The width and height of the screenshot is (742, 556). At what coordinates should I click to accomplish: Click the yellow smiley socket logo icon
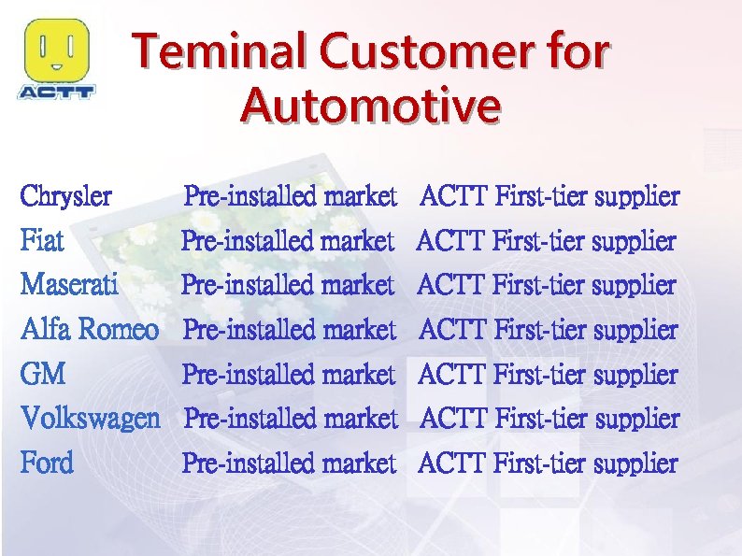[57, 51]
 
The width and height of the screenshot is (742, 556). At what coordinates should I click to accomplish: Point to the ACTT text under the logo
[57, 92]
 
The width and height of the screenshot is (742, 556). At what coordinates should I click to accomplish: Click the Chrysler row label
[66, 197]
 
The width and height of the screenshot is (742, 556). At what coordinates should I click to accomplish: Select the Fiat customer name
[42, 242]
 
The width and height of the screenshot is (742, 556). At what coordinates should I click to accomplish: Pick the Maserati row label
[69, 284]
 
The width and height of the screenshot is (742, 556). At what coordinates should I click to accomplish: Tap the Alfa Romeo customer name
[90, 329]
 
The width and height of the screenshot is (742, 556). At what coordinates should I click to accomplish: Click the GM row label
[43, 375]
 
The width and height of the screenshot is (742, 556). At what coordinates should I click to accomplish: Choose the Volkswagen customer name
[91, 418]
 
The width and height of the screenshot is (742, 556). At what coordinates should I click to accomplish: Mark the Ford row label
[47, 463]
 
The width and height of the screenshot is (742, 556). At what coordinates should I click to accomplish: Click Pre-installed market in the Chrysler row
[291, 197]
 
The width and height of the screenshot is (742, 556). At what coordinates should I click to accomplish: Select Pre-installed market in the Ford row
[289, 463]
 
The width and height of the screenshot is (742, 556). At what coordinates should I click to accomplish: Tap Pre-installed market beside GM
[289, 375]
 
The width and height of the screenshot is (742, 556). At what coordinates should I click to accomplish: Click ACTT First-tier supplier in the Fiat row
[547, 242]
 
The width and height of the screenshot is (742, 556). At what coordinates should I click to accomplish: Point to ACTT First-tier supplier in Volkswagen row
[549, 418]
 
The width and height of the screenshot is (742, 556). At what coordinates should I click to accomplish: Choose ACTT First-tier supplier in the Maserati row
[547, 284]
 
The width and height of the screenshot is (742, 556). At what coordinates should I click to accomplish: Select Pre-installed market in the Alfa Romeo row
[290, 329]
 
